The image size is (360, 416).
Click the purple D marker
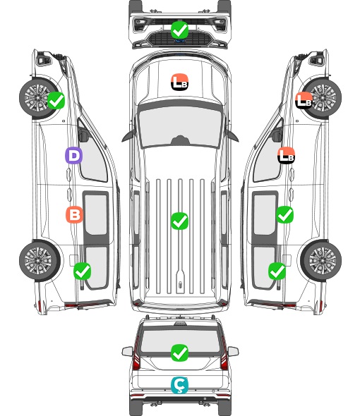click(73, 155)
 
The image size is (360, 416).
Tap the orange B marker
click(74, 214)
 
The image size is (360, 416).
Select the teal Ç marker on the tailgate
click(179, 385)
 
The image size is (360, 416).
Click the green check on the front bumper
click(179, 30)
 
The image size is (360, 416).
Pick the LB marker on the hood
click(179, 82)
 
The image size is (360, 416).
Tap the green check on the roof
click(179, 221)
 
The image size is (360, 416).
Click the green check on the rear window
click(179, 353)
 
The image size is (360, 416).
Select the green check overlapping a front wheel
click(56, 100)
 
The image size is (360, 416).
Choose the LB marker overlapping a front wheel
click(304, 100)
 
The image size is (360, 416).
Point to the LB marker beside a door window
click(286, 155)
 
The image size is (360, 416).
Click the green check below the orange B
click(82, 271)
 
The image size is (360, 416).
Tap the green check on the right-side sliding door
click(284, 214)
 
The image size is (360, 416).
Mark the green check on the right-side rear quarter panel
click(277, 271)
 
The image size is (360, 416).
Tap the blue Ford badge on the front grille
click(180, 41)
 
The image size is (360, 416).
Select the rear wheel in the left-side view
click(40, 261)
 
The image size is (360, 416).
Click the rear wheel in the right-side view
click(321, 261)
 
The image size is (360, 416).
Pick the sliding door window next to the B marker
click(96, 214)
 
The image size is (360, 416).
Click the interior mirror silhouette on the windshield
click(180, 140)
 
